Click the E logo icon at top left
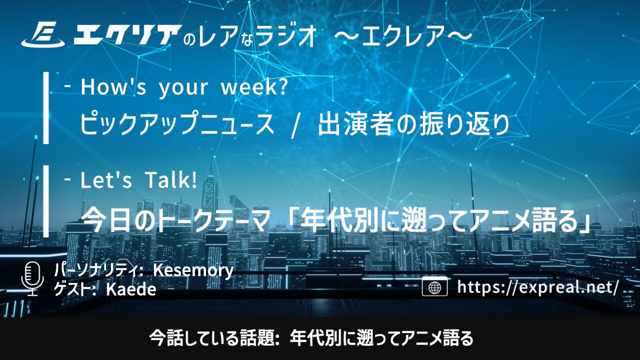(43, 35)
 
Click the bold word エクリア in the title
(127, 35)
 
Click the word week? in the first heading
(254, 87)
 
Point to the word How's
(113, 87)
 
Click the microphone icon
(32, 278)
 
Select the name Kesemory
(193, 270)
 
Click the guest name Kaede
(131, 289)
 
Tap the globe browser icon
(434, 286)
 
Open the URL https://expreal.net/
(537, 287)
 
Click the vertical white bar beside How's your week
(45, 107)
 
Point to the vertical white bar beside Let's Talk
(45, 201)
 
